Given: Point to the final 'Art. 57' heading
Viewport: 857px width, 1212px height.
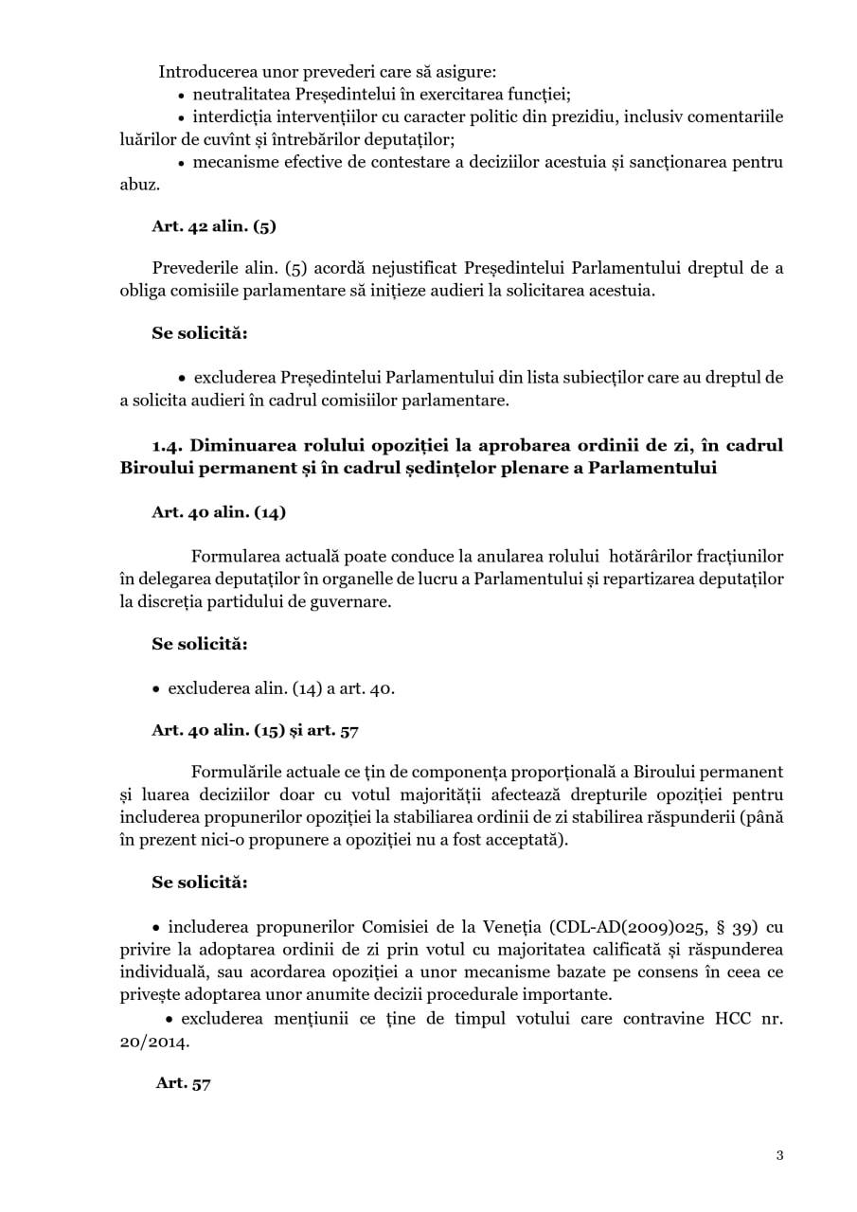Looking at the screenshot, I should [x=183, y=1083].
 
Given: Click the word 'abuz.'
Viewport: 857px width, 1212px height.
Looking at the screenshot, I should [x=140, y=185].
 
